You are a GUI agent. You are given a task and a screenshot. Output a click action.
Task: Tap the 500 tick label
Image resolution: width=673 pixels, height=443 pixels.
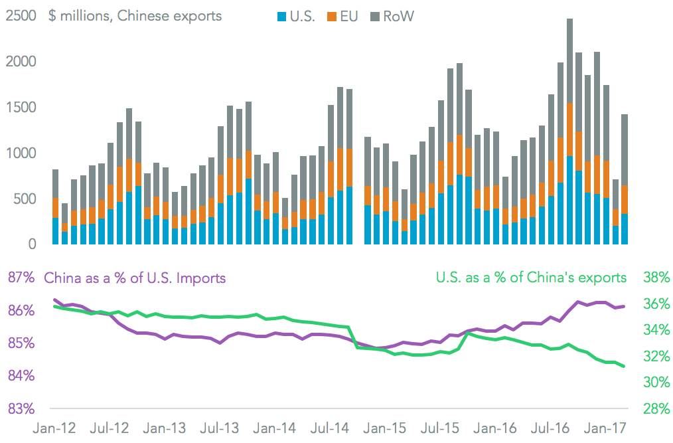(26, 199)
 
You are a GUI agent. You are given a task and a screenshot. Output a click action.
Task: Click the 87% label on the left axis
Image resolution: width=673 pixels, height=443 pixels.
(19, 278)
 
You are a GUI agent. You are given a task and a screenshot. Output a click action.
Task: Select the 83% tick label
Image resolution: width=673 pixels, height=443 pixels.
(19, 408)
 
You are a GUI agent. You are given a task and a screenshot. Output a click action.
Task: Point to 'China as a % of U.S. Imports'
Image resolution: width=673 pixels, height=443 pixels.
(135, 278)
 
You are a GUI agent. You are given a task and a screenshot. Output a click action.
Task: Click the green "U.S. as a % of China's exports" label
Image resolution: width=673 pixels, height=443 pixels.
(531, 277)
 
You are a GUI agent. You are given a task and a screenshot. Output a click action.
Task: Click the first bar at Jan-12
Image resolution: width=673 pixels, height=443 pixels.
(55, 207)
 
